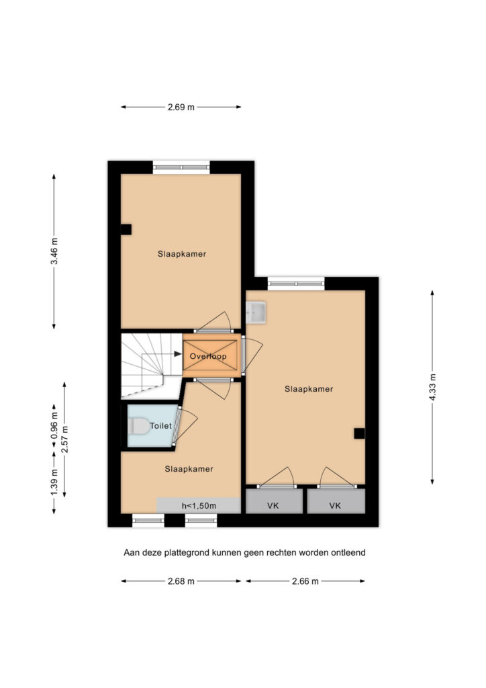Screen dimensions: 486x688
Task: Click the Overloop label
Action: coord(208,356)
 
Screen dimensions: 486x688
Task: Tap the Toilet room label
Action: coord(161,425)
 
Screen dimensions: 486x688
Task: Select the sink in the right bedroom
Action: coord(256,312)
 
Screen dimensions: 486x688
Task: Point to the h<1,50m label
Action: coord(199,506)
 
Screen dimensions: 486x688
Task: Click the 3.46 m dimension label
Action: coord(54,251)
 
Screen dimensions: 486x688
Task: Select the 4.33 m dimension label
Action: coord(432,386)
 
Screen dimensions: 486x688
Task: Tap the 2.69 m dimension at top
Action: coord(181,107)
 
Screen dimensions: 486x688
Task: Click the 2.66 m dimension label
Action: coord(305,581)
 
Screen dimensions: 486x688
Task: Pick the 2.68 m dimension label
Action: coord(181,581)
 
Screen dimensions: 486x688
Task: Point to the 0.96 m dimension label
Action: coord(54,425)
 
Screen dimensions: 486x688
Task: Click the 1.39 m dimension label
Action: coord(54,482)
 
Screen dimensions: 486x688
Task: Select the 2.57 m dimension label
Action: coord(65,439)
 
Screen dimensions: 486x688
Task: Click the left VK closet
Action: coord(274,501)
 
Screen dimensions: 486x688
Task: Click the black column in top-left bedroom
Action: coord(126,230)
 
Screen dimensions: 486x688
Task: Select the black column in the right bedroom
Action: coord(359,433)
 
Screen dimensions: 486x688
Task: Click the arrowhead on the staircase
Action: coord(177,353)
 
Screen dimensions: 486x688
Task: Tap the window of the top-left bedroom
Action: coord(181,167)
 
